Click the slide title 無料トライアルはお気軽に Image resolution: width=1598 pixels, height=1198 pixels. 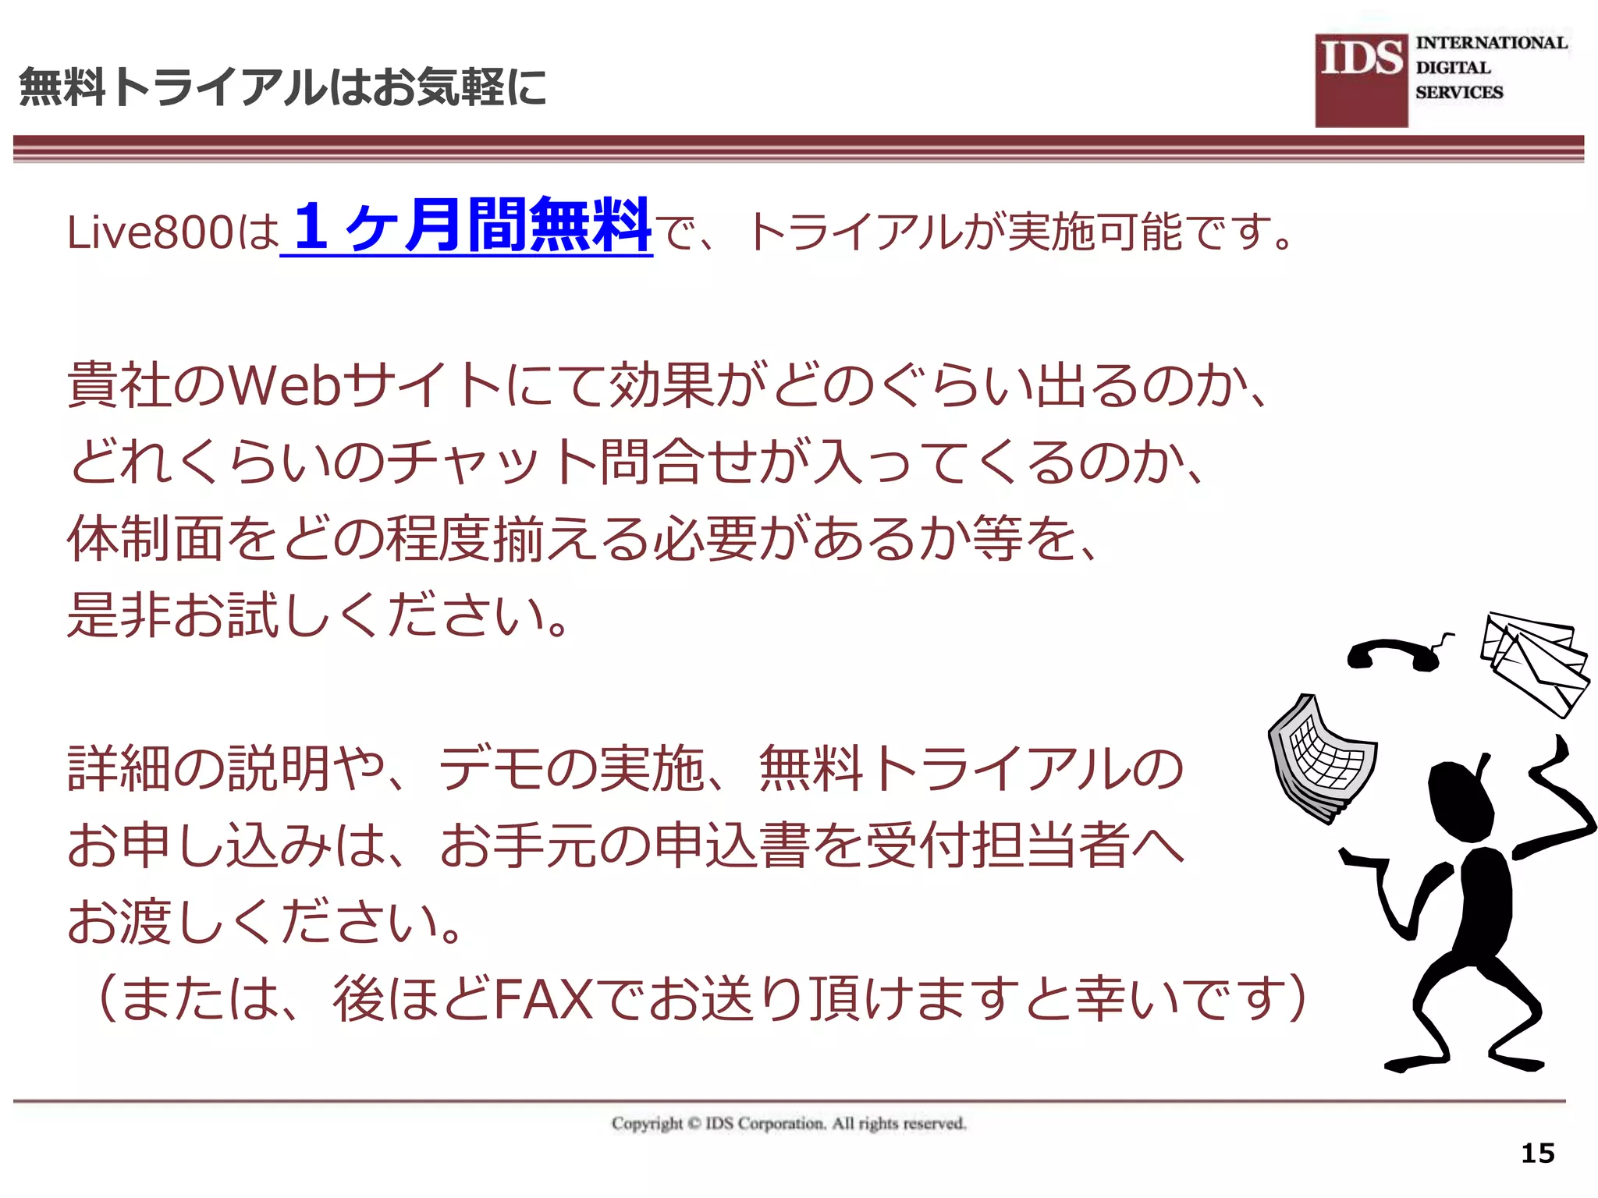[282, 87]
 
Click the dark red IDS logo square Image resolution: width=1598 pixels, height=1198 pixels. [1362, 80]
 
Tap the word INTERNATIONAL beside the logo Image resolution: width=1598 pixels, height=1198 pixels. [1491, 43]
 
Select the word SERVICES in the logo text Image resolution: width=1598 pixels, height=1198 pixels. [1459, 92]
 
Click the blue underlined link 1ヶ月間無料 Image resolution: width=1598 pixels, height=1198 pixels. [467, 226]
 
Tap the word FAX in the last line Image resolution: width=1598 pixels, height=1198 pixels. [543, 999]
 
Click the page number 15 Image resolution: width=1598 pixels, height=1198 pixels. [1537, 1153]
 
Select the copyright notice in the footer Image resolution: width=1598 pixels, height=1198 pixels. [789, 1123]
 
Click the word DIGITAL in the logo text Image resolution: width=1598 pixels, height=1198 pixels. [1453, 68]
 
